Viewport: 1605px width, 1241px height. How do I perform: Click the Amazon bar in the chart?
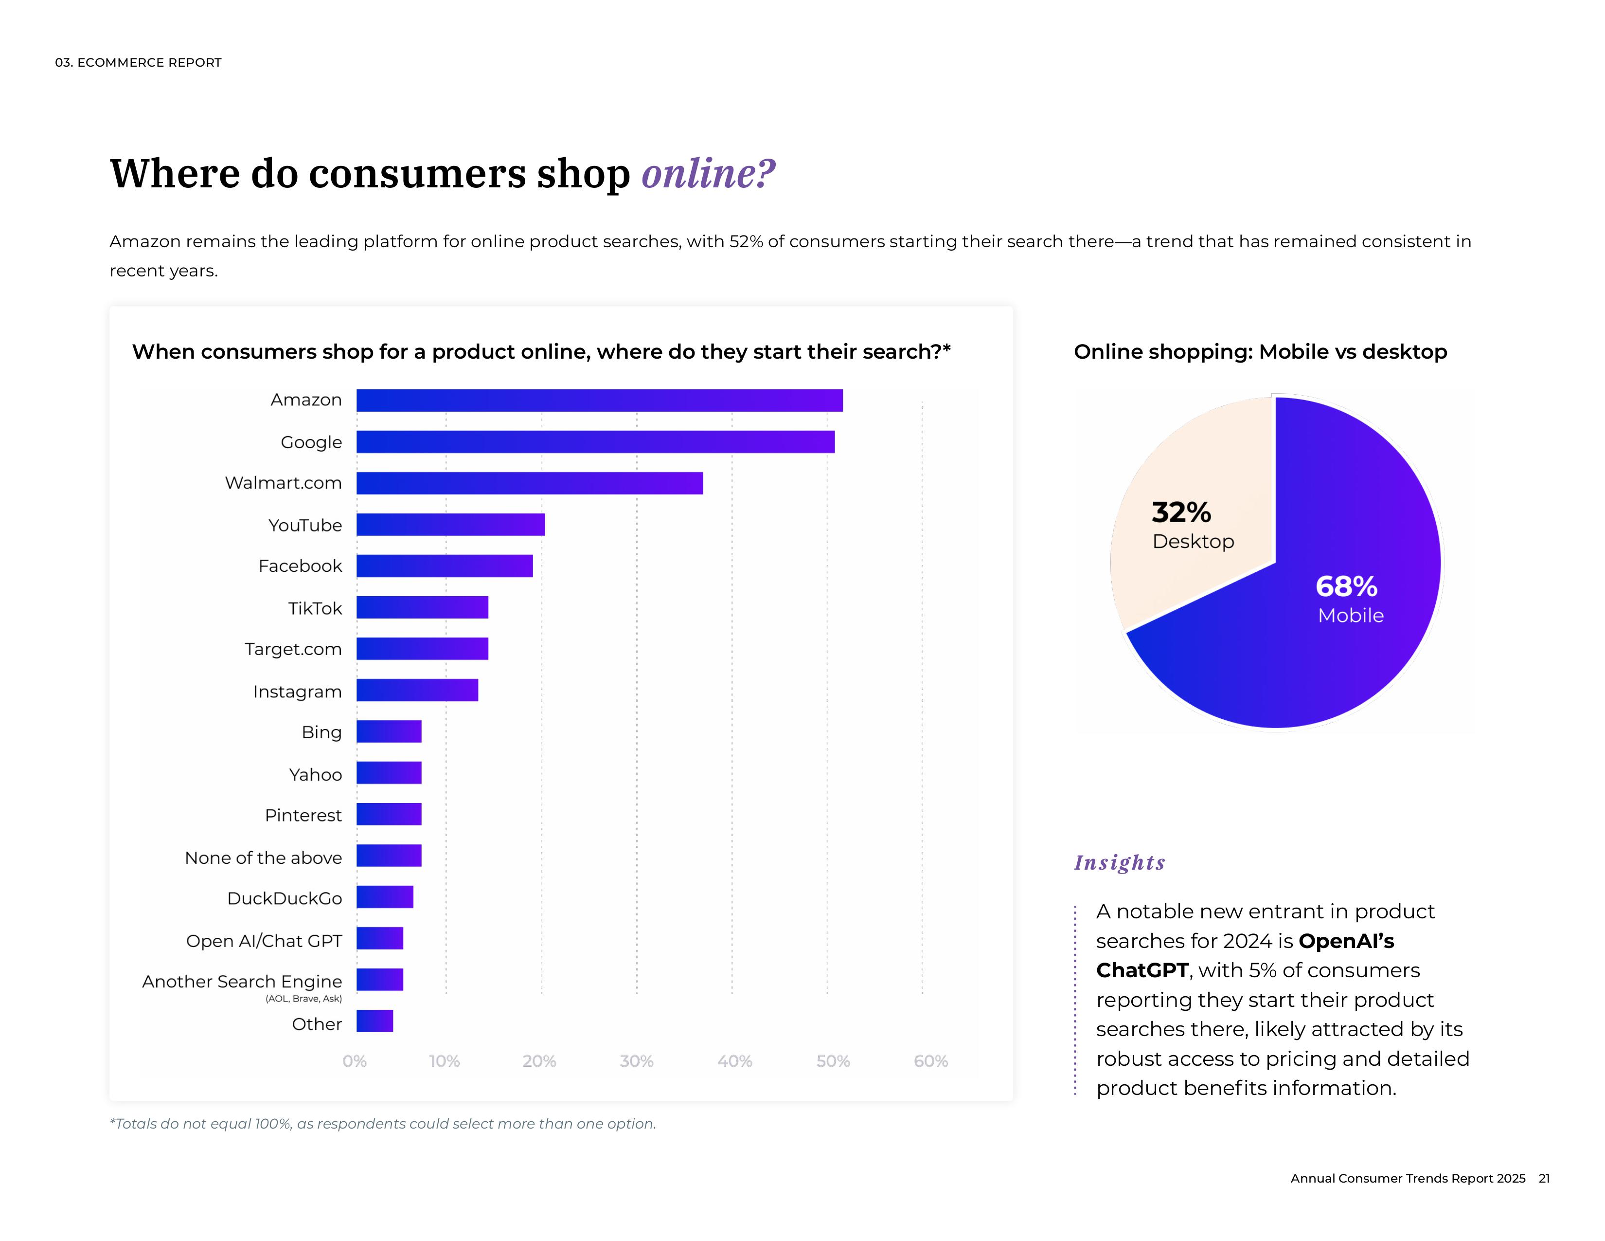599,401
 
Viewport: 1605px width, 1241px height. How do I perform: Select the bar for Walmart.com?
529,483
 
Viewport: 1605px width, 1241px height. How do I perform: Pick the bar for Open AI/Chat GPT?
380,938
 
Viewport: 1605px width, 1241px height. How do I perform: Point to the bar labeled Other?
375,1021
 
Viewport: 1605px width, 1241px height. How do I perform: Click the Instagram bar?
417,691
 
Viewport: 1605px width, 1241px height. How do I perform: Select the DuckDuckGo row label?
285,898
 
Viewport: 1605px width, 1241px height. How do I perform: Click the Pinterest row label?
303,815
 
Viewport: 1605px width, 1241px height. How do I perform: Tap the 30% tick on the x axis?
637,1061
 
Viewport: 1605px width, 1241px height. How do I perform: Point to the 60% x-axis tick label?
930,1061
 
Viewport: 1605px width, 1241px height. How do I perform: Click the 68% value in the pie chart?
1346,587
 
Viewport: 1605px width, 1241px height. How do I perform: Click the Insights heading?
1119,862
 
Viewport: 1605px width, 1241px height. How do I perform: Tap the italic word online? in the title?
708,174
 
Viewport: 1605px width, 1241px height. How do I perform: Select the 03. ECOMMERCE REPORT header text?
138,62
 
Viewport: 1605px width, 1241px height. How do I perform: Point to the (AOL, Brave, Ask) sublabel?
303,998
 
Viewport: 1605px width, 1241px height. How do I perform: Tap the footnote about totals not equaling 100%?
382,1123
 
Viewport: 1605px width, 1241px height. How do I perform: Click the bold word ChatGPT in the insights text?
1142,970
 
